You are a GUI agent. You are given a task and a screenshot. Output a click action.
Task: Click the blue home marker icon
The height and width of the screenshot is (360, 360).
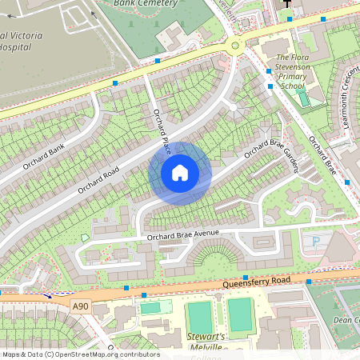click(x=180, y=172)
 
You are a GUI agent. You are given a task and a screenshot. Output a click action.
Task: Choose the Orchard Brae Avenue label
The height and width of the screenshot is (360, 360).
click(x=182, y=234)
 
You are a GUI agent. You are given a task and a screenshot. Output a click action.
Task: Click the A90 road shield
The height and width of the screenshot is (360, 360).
click(x=79, y=306)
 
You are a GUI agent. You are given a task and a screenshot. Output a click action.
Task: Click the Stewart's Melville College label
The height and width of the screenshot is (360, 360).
click(x=205, y=342)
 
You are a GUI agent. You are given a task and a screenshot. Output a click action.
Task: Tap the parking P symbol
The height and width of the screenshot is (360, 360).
click(x=315, y=241)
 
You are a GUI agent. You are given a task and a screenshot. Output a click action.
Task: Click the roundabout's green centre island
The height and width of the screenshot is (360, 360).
click(x=234, y=46)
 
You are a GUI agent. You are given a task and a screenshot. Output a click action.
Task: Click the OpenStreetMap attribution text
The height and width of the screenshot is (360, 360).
click(x=80, y=354)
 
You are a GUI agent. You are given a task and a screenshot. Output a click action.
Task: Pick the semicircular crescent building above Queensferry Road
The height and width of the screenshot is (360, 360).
click(x=216, y=258)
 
